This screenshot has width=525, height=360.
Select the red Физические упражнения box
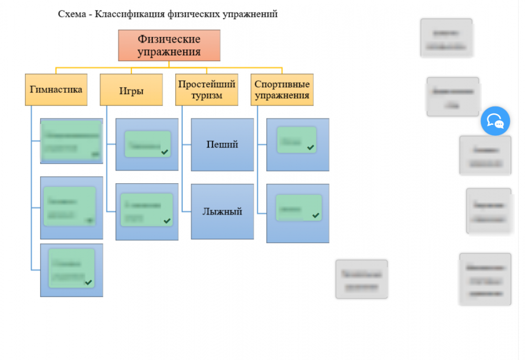pos(169,46)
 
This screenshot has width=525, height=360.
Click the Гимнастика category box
pos(56,90)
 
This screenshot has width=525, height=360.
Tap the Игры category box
pos(131,90)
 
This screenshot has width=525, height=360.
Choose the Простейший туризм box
pos(207,90)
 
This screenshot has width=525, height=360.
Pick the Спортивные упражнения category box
pos(282,90)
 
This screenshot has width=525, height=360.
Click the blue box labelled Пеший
pos(222,144)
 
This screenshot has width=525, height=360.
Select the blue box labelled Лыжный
pos(222,211)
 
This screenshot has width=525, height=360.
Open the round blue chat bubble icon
pos(495,121)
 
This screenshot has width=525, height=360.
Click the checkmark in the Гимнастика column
pos(88,282)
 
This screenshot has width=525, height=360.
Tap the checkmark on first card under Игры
pos(164,152)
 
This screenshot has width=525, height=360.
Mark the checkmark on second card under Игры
pos(167,221)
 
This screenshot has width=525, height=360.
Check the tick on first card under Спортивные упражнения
pos(311,147)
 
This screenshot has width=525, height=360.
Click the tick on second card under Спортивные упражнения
pos(316,215)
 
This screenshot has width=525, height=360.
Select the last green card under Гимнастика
pos(71,268)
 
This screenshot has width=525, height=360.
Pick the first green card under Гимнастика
pos(71,140)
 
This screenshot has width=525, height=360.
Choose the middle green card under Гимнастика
pos(69,206)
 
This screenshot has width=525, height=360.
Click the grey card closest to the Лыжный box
pos(362,279)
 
